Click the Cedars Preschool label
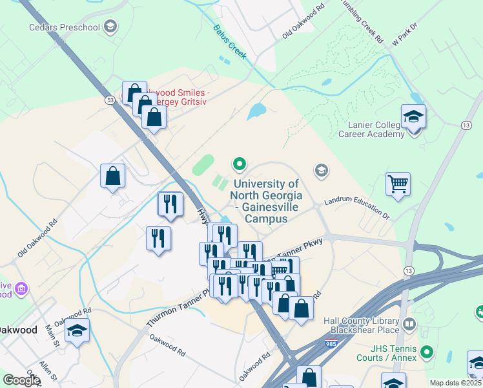coord(65,27)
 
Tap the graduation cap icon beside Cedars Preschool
coord(110,27)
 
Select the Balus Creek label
coord(230,41)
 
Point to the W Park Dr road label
coord(405,35)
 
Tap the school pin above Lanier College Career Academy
coord(413,118)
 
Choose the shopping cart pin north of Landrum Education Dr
coord(398,184)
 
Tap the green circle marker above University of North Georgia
coord(240,164)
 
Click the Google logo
coord(21,380)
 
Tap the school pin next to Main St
coord(77,331)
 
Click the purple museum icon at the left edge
coord(22,288)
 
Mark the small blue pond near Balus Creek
coord(257,111)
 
